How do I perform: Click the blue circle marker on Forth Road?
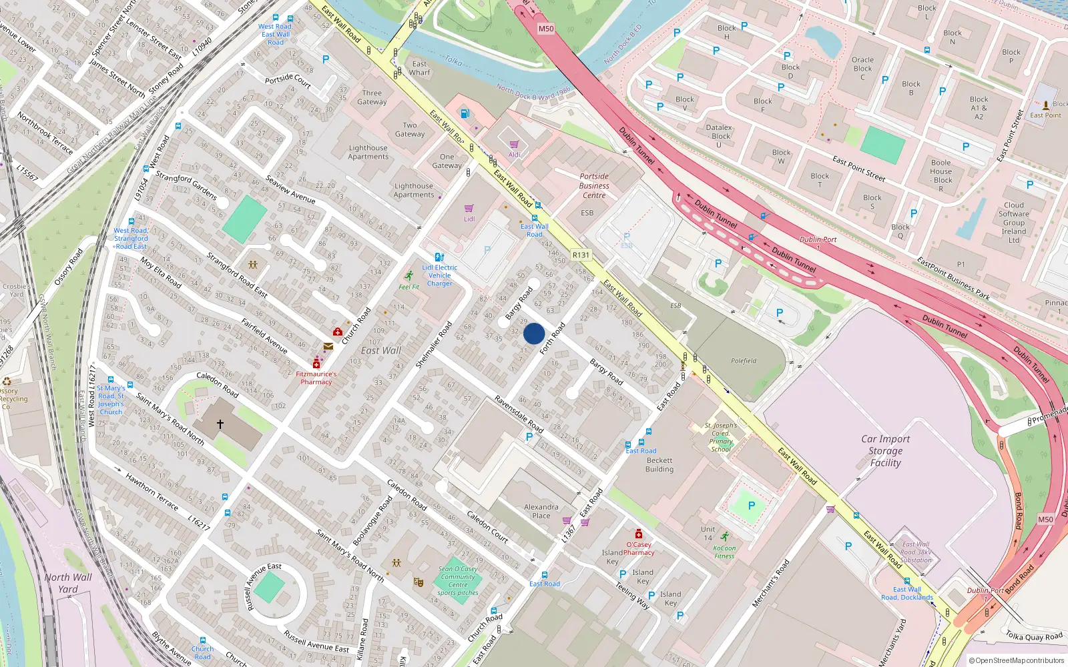click(x=534, y=333)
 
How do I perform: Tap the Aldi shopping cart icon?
click(x=514, y=144)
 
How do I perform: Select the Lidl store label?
click(x=469, y=219)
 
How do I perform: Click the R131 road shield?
click(x=581, y=255)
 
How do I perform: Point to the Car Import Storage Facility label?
click(x=885, y=451)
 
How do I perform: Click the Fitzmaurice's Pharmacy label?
click(x=316, y=378)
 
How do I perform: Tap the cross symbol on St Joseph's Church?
click(x=220, y=424)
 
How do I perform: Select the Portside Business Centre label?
click(x=594, y=186)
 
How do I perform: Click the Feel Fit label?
click(x=409, y=287)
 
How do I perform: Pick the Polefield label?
click(x=743, y=361)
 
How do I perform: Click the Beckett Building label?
click(x=659, y=465)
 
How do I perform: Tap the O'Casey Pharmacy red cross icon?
click(x=639, y=534)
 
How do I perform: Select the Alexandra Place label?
click(x=541, y=511)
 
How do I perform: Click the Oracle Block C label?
click(x=862, y=68)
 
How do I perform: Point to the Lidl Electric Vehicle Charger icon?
click(x=439, y=257)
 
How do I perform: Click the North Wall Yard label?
click(x=68, y=583)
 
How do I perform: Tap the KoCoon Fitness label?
click(x=724, y=552)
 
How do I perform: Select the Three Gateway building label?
click(x=372, y=97)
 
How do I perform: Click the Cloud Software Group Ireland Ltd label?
click(x=1013, y=223)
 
